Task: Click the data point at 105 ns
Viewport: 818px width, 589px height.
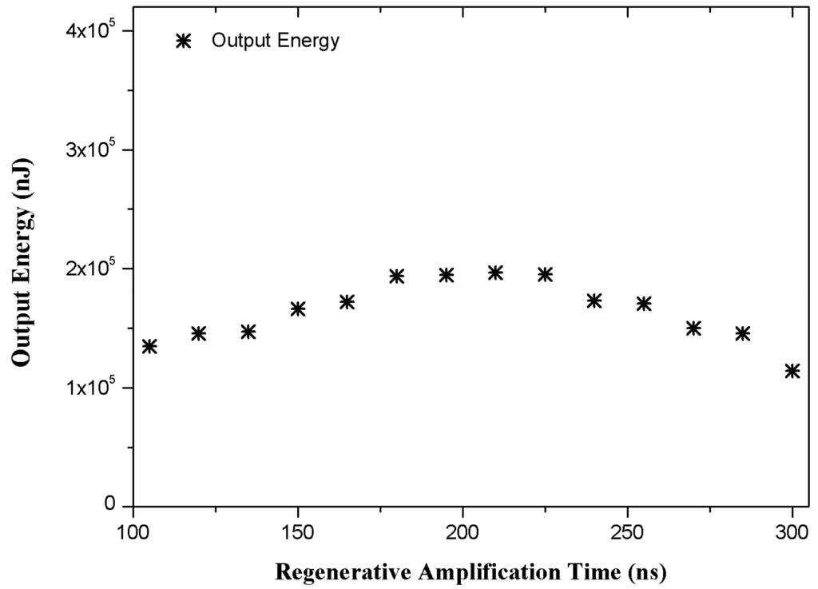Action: [149, 346]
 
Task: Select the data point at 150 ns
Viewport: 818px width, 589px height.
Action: [298, 308]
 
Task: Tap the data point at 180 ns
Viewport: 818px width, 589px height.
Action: [397, 277]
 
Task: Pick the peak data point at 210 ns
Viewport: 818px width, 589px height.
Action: [495, 273]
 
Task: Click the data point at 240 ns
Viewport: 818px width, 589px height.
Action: [594, 300]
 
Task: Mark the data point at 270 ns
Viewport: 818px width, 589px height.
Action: [693, 328]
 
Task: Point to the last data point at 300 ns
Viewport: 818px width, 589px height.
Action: [792, 371]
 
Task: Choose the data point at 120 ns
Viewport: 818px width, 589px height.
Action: [199, 333]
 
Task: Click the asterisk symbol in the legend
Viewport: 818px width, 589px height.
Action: [184, 42]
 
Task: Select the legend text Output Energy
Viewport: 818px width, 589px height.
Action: [276, 42]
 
